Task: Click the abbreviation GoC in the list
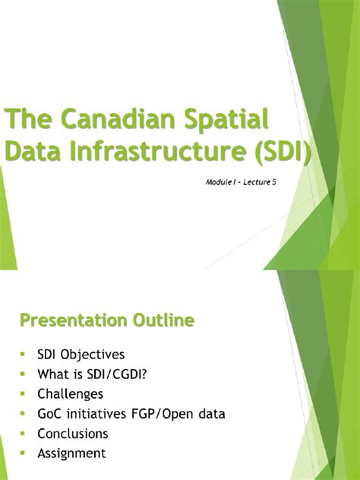(x=50, y=414)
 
